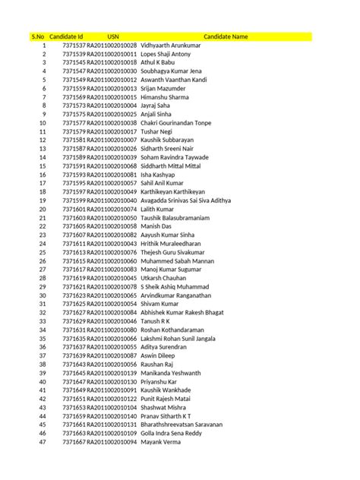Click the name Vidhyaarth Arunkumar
tap(175, 46)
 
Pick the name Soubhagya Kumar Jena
tap(175, 71)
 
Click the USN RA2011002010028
tap(112, 46)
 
